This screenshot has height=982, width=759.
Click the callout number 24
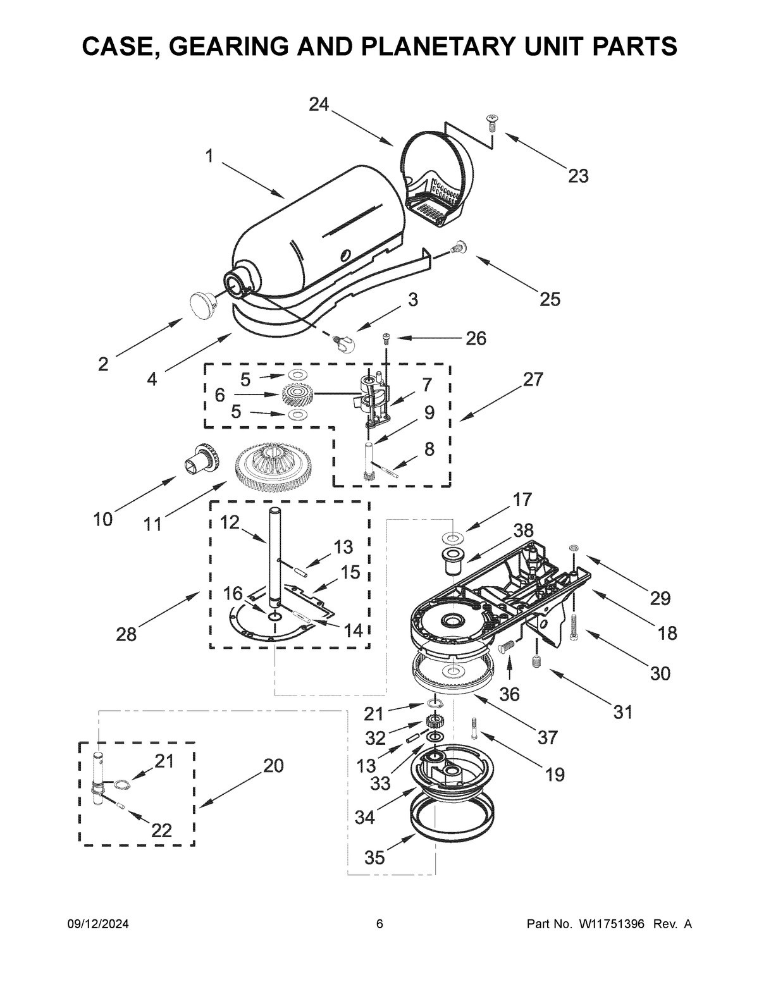click(x=319, y=104)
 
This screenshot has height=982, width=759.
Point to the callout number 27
click(x=533, y=379)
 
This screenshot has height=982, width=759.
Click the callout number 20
click(x=273, y=766)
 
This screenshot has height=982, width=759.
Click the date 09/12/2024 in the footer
click(x=98, y=924)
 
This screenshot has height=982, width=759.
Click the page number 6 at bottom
click(x=379, y=924)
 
